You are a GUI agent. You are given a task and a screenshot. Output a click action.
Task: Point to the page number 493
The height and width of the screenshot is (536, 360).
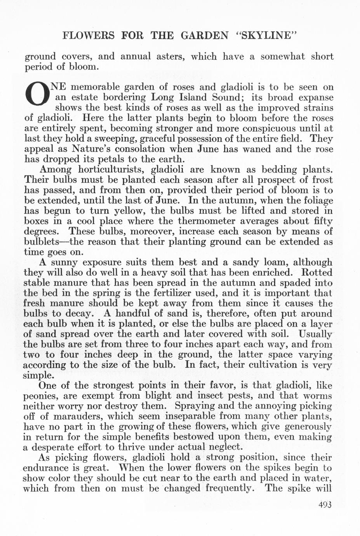325,505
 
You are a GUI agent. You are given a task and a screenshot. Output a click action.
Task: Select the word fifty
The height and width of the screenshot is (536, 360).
321,221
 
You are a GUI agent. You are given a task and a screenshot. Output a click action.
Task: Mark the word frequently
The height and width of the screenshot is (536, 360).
229,488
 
